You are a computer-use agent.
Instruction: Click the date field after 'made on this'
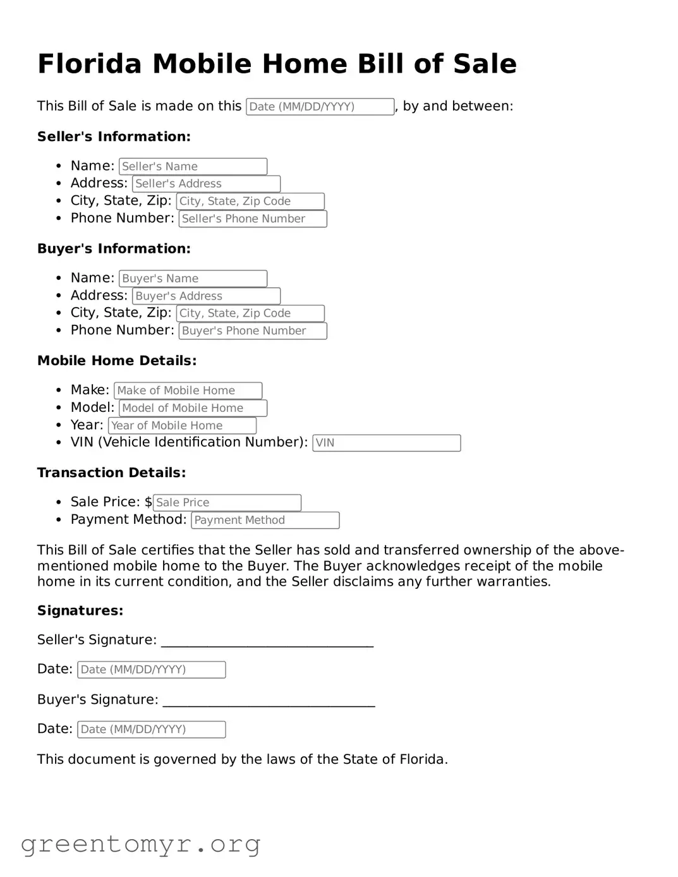(x=320, y=107)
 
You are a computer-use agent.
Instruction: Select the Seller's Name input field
(x=193, y=166)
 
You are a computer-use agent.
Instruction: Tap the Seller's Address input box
(x=206, y=184)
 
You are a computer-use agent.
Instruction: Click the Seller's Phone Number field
(x=253, y=219)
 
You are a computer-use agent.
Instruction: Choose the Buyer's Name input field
(x=193, y=279)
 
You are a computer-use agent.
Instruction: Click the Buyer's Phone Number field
(x=253, y=331)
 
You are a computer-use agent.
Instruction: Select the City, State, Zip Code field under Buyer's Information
(x=250, y=313)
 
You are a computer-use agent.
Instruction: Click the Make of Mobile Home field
(x=188, y=390)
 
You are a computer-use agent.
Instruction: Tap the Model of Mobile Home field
(x=193, y=408)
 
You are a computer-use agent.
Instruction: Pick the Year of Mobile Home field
(x=182, y=426)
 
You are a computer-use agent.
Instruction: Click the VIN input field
(x=386, y=443)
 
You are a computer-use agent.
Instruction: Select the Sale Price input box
(x=227, y=503)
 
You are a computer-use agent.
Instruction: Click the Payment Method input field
(x=265, y=521)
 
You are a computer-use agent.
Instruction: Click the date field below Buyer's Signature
(x=151, y=730)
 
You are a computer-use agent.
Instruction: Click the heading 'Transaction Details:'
(x=111, y=473)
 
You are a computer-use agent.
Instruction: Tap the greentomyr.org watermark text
(x=140, y=844)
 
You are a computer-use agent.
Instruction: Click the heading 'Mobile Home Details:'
(x=117, y=361)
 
